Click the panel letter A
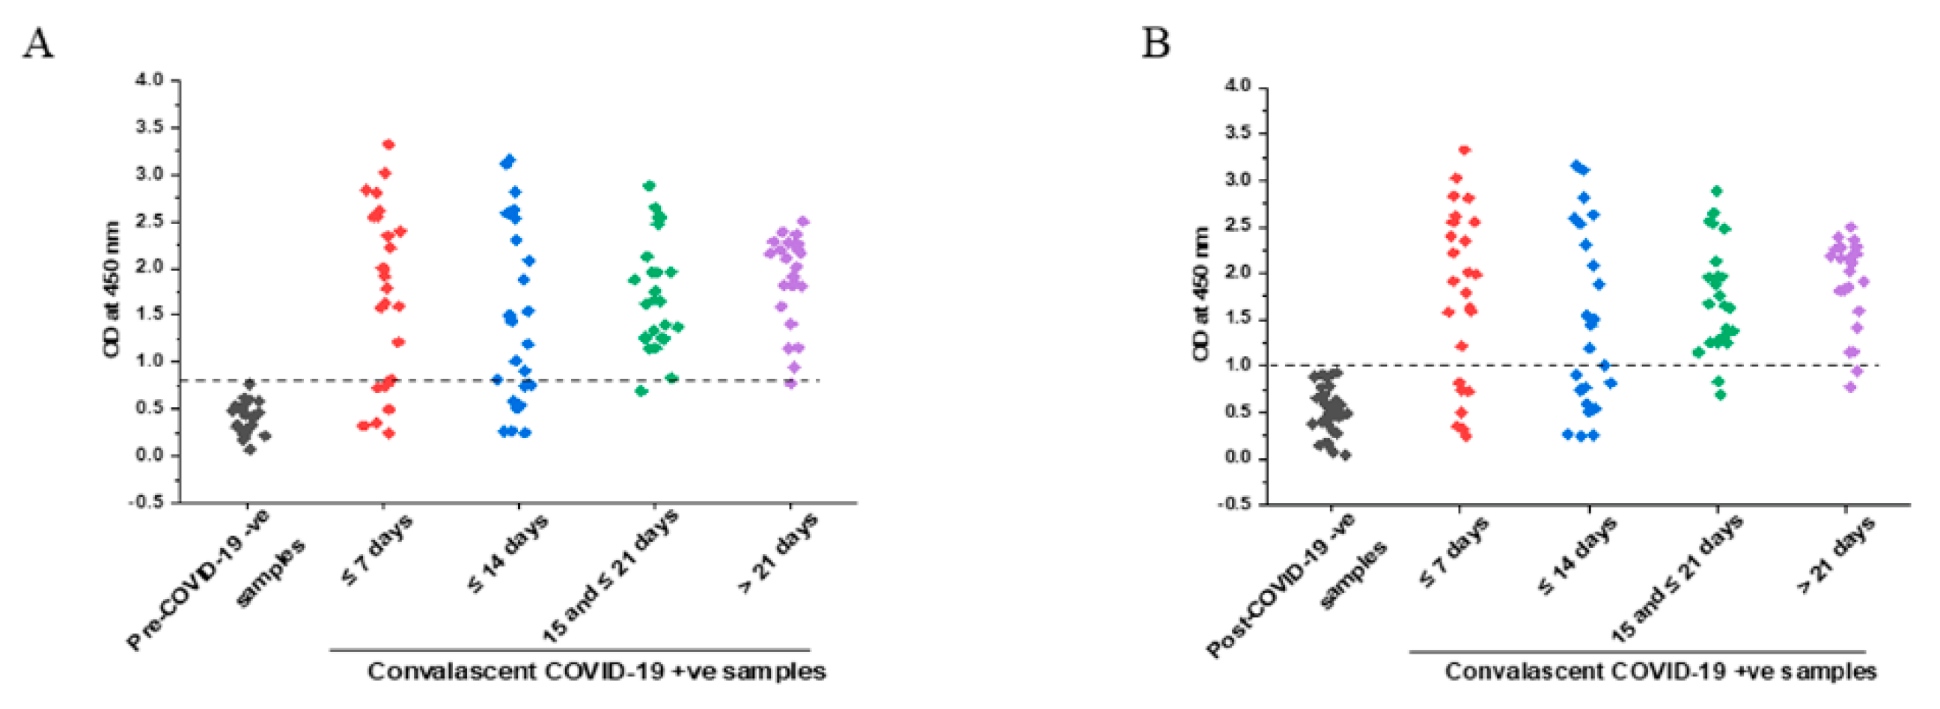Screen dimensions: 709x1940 (37, 43)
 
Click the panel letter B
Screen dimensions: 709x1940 (1156, 43)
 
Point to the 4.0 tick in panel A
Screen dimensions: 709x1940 (149, 80)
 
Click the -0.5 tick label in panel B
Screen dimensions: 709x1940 (1233, 504)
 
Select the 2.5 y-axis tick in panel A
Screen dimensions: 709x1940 (149, 222)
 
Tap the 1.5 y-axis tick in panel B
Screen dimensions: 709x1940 (1237, 319)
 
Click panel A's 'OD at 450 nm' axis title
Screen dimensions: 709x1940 (112, 290)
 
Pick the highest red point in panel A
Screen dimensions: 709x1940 (388, 144)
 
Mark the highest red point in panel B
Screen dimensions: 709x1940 (1465, 150)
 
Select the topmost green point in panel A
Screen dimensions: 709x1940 (649, 186)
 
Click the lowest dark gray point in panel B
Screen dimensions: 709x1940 (1345, 455)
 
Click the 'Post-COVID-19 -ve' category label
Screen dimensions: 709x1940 (1281, 585)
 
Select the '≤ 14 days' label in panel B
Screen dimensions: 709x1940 (1578, 556)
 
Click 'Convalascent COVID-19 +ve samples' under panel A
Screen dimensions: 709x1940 (597, 671)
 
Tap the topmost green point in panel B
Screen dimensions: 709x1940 (1717, 192)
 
